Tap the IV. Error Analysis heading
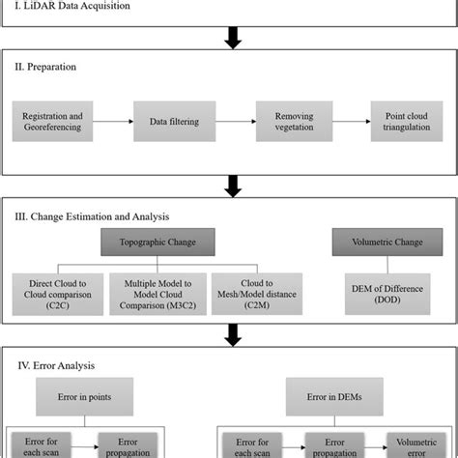[x=53, y=365]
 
